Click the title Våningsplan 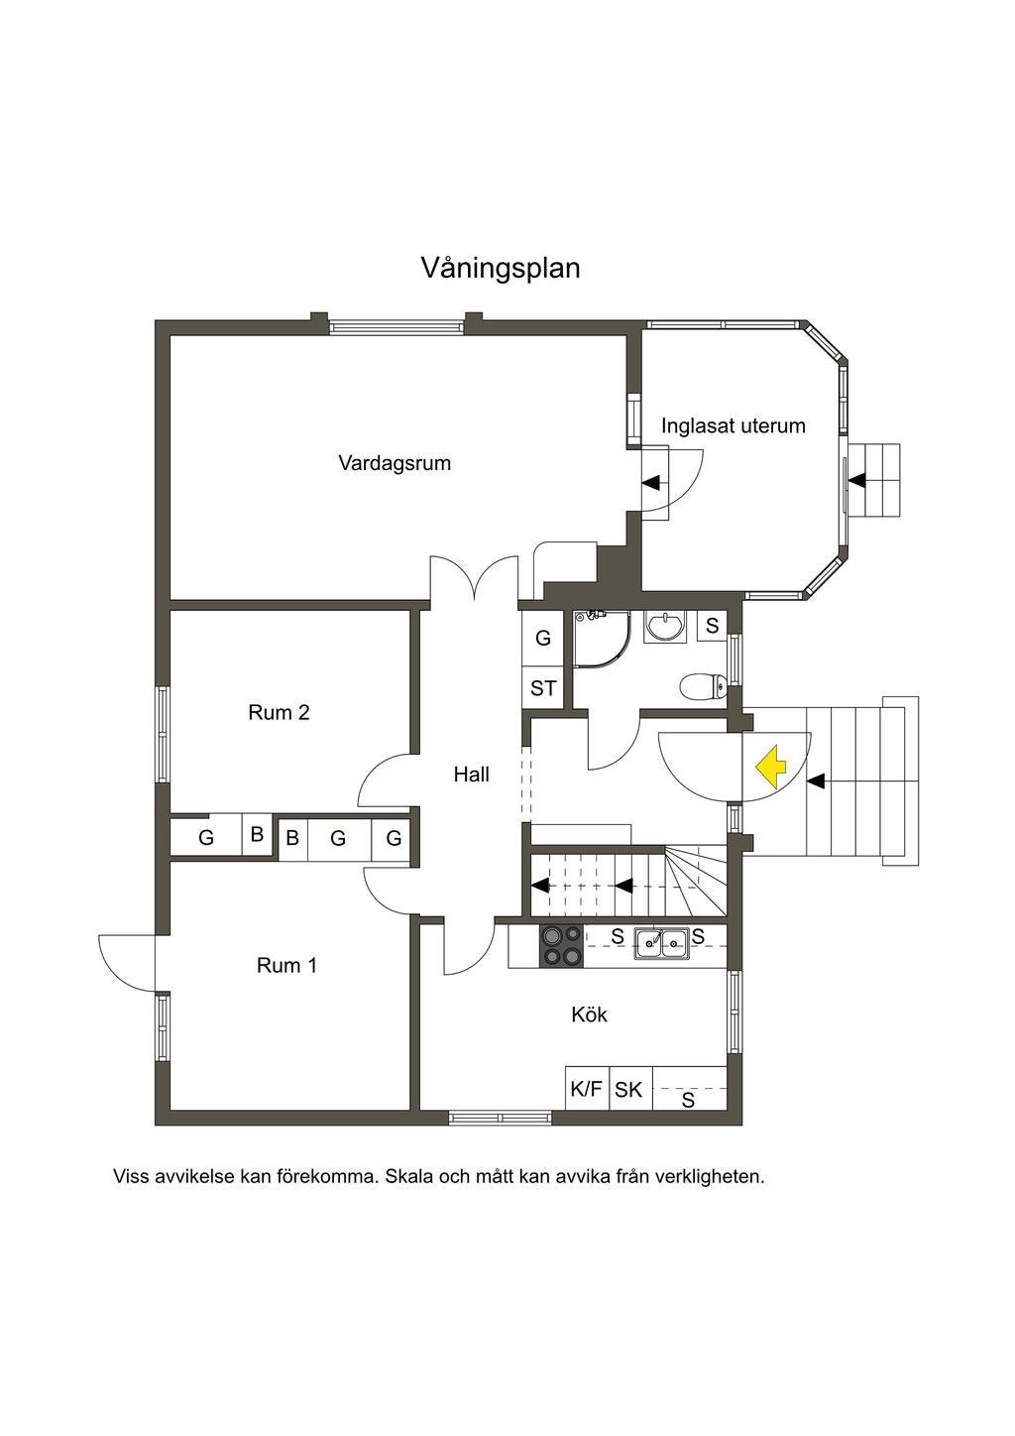(501, 269)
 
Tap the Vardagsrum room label (395, 463)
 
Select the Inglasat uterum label (733, 425)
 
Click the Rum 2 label (279, 712)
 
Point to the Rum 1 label (287, 965)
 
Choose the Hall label (472, 775)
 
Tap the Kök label (590, 1015)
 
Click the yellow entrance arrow (771, 767)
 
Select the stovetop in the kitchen (561, 945)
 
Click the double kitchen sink (662, 943)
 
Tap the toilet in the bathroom (703, 686)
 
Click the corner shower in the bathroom (599, 635)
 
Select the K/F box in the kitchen (587, 1089)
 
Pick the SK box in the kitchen (628, 1089)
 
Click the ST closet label (543, 688)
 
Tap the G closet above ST (543, 638)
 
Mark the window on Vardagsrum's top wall (396, 327)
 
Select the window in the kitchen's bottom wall (500, 1118)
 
